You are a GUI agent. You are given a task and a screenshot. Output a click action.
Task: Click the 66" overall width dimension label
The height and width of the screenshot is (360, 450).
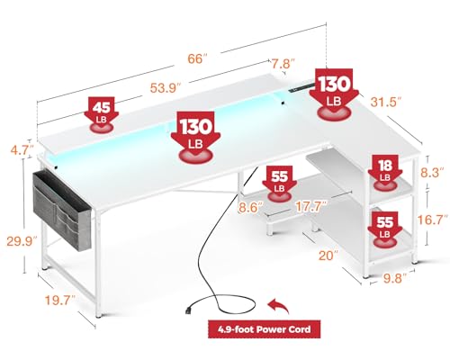tap(197, 58)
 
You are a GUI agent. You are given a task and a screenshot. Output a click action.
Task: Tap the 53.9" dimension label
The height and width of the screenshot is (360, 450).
tap(166, 88)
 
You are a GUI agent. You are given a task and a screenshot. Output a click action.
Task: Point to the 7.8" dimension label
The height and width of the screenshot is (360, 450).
tap(283, 64)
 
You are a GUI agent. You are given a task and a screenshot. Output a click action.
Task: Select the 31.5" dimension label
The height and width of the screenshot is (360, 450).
tap(386, 102)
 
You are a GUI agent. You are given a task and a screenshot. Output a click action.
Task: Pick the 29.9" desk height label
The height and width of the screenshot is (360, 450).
tap(22, 241)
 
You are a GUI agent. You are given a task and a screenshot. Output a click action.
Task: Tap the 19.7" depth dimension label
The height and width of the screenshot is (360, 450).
tap(60, 300)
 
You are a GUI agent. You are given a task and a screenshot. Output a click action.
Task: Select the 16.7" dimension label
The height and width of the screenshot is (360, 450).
tap(433, 220)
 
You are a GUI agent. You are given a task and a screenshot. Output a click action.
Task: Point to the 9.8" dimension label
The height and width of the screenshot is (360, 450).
tap(394, 278)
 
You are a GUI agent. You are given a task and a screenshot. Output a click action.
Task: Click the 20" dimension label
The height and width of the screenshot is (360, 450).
tap(328, 256)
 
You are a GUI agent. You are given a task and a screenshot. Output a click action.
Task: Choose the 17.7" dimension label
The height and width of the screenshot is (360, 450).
tap(310, 207)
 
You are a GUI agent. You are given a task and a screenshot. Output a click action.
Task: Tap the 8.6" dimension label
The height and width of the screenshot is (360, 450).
tap(251, 208)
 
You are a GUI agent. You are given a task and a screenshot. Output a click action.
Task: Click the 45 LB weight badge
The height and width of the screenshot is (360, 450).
tap(102, 114)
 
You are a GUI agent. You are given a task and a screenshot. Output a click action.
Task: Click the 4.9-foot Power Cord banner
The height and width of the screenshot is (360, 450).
tap(264, 329)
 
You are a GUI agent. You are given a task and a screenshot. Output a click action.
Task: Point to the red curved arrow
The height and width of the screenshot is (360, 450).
tap(278, 305)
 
